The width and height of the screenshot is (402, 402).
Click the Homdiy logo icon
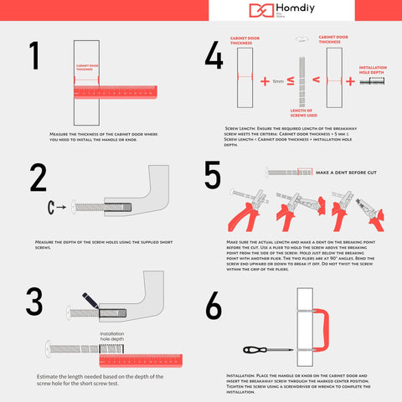click(x=260, y=11)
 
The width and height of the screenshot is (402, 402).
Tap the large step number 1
click(x=34, y=55)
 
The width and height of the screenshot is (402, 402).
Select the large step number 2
click(x=38, y=178)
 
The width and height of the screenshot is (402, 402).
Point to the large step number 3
click(x=33, y=302)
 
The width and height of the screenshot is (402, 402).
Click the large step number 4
click(x=214, y=55)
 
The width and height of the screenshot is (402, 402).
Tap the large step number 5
click(x=214, y=178)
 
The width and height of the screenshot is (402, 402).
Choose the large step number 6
click(x=214, y=307)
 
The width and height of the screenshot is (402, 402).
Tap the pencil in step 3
click(x=90, y=301)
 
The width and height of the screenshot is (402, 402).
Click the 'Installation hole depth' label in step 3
click(x=112, y=336)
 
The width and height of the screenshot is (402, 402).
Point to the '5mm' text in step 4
click(x=278, y=81)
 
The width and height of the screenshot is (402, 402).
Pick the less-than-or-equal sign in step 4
click(x=291, y=81)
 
